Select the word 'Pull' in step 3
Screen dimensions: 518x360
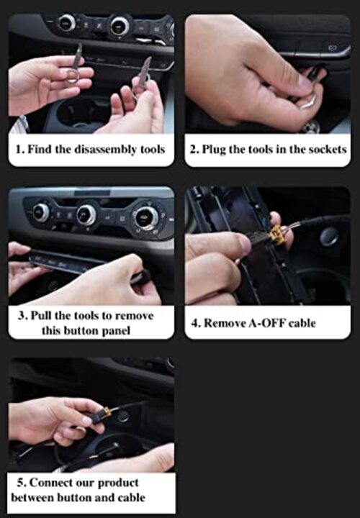pyautogui.click(x=43, y=316)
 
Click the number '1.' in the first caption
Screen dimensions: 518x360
pyautogui.click(x=21, y=150)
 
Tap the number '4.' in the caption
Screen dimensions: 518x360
pyautogui.click(x=195, y=323)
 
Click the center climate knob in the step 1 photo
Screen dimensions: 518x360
pyautogui.click(x=117, y=27)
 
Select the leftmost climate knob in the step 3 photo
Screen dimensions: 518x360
pyautogui.click(x=41, y=212)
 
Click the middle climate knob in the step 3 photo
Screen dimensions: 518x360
pyautogui.click(x=86, y=214)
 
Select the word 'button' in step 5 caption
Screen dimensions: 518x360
pyautogui.click(x=69, y=497)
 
